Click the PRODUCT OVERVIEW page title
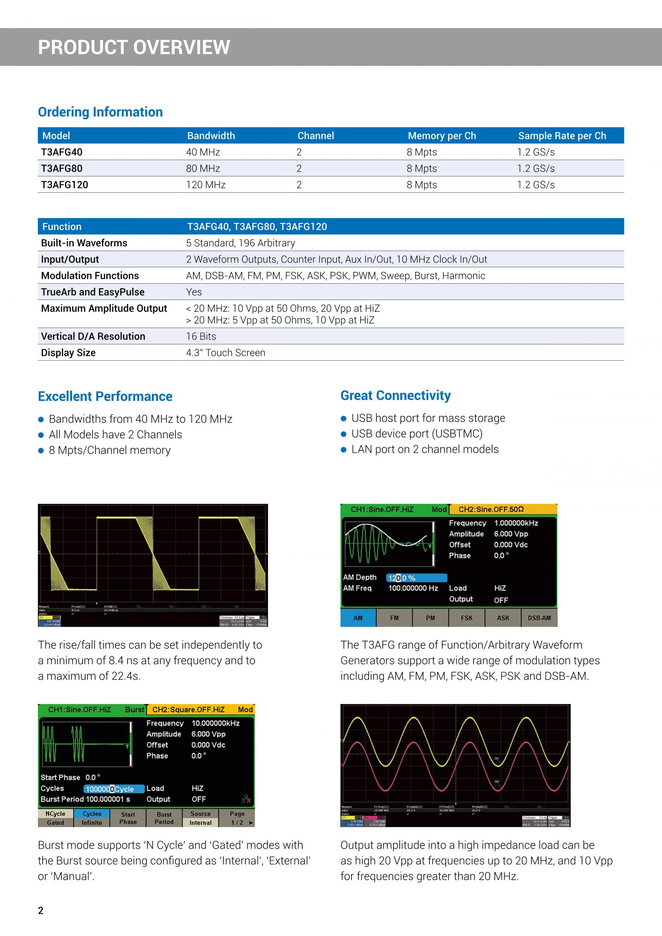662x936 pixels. coord(134,47)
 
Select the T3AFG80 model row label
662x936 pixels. coord(62,168)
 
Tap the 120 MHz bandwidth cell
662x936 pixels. coord(205,185)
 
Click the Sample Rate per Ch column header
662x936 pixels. coord(562,136)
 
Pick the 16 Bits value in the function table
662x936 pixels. coord(201,336)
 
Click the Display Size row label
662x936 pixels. coord(68,353)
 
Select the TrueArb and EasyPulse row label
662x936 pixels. coord(92,292)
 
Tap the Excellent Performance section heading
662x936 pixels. coord(105,396)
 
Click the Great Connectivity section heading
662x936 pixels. coord(395,395)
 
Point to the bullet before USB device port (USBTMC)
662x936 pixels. coord(344,434)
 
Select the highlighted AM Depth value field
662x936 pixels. coord(416,578)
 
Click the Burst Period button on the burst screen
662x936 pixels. coord(164,818)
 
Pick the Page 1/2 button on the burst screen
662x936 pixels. coord(237,818)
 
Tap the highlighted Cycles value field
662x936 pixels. coord(114,789)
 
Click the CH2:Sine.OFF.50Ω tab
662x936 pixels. coord(502,510)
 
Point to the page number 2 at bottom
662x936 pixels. coord(40,911)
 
